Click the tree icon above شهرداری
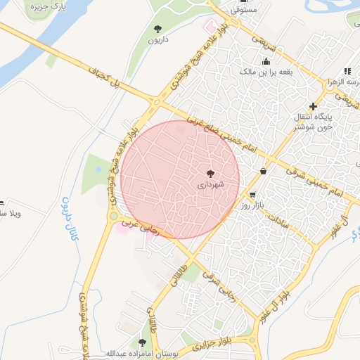point(210,172)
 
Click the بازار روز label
point(252,206)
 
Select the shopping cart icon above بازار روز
point(252,195)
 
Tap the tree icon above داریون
point(157,29)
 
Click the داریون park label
point(157,40)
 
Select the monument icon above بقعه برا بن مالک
point(266,60)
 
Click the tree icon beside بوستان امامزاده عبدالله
point(143,342)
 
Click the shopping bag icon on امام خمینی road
point(263,171)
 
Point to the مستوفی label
point(245,11)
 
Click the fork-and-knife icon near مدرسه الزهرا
point(347,71)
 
